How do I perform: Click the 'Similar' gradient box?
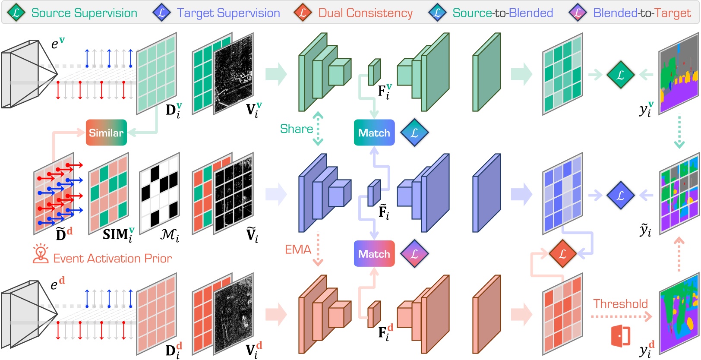tap(106, 133)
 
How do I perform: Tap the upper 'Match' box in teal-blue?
tap(374, 133)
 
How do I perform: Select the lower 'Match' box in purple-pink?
tap(374, 254)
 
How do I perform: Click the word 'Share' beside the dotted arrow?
tap(296, 129)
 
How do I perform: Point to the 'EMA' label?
tap(298, 249)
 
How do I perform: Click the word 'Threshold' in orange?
tap(620, 304)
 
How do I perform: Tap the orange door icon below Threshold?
tap(621, 336)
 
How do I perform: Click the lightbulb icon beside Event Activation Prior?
tap(41, 254)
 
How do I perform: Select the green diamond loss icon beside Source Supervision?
tap(16, 13)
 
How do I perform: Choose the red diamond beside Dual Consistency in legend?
tap(303, 13)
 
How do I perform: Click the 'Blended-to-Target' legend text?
tap(642, 13)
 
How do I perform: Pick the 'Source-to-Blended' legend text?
tap(502, 13)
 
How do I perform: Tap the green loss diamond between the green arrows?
tap(620, 75)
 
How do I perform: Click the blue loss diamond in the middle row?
tap(620, 195)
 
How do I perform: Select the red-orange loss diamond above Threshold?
tap(562, 254)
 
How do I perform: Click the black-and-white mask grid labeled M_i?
tap(159, 193)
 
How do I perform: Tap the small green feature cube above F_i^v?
tap(374, 72)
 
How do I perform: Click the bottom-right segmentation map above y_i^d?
tap(679, 315)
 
